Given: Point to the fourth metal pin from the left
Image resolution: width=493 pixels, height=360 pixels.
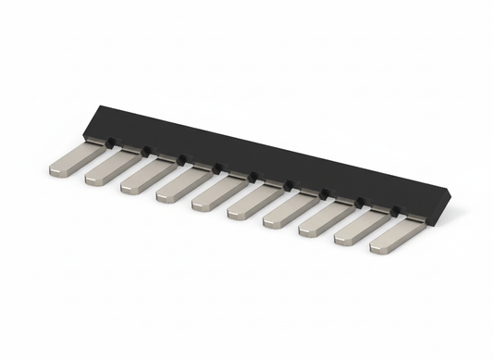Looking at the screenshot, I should pos(180,183).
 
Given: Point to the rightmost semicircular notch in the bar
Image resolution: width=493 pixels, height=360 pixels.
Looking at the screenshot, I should pos(395,210).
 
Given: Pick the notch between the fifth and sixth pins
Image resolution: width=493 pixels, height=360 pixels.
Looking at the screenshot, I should pos(253,176).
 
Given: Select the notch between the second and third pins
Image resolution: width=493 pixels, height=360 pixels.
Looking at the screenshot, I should pos(145,151).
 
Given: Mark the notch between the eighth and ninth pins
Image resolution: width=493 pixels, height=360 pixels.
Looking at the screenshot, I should pos(359,202).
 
